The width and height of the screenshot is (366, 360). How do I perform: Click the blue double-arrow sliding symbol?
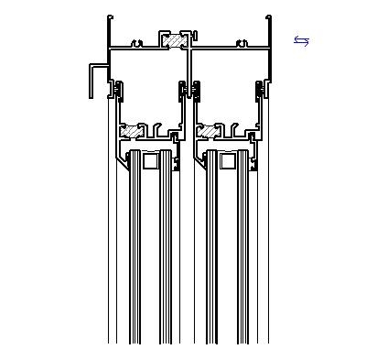302,40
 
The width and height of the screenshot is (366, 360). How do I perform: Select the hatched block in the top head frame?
171,41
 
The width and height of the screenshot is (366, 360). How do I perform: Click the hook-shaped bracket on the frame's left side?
95,80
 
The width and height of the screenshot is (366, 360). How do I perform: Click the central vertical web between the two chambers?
189,92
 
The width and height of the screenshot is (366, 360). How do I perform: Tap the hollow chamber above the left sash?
146,87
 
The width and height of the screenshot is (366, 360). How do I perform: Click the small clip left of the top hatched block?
136,42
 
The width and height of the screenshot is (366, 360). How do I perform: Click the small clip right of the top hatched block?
242,42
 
